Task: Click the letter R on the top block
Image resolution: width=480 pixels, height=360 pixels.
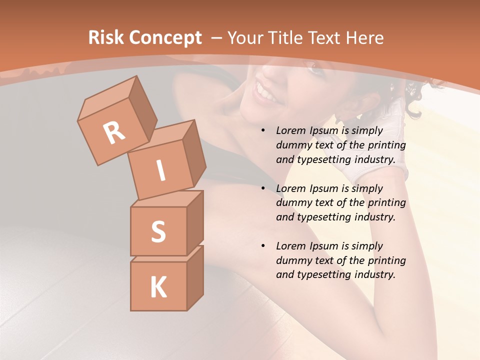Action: coord(114,132)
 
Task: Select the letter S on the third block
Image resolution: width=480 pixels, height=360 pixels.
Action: coord(158,232)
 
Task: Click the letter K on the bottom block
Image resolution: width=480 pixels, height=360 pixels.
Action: coord(158,287)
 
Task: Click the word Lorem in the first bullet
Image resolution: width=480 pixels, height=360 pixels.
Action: coord(291,131)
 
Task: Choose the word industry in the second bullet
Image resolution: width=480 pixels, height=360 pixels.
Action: coord(372,217)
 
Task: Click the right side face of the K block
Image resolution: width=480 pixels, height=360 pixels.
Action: coord(195,277)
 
